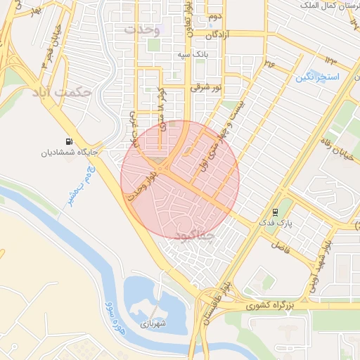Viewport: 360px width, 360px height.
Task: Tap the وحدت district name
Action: pos(143,30)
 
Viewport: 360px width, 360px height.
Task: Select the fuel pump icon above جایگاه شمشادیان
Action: pos(68,141)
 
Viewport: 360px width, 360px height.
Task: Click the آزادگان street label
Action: pos(221,34)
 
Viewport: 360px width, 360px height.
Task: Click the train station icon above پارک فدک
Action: pos(274,211)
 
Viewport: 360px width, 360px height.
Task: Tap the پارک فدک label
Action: pos(275,223)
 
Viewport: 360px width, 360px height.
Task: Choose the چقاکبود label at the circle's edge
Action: pos(193,233)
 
